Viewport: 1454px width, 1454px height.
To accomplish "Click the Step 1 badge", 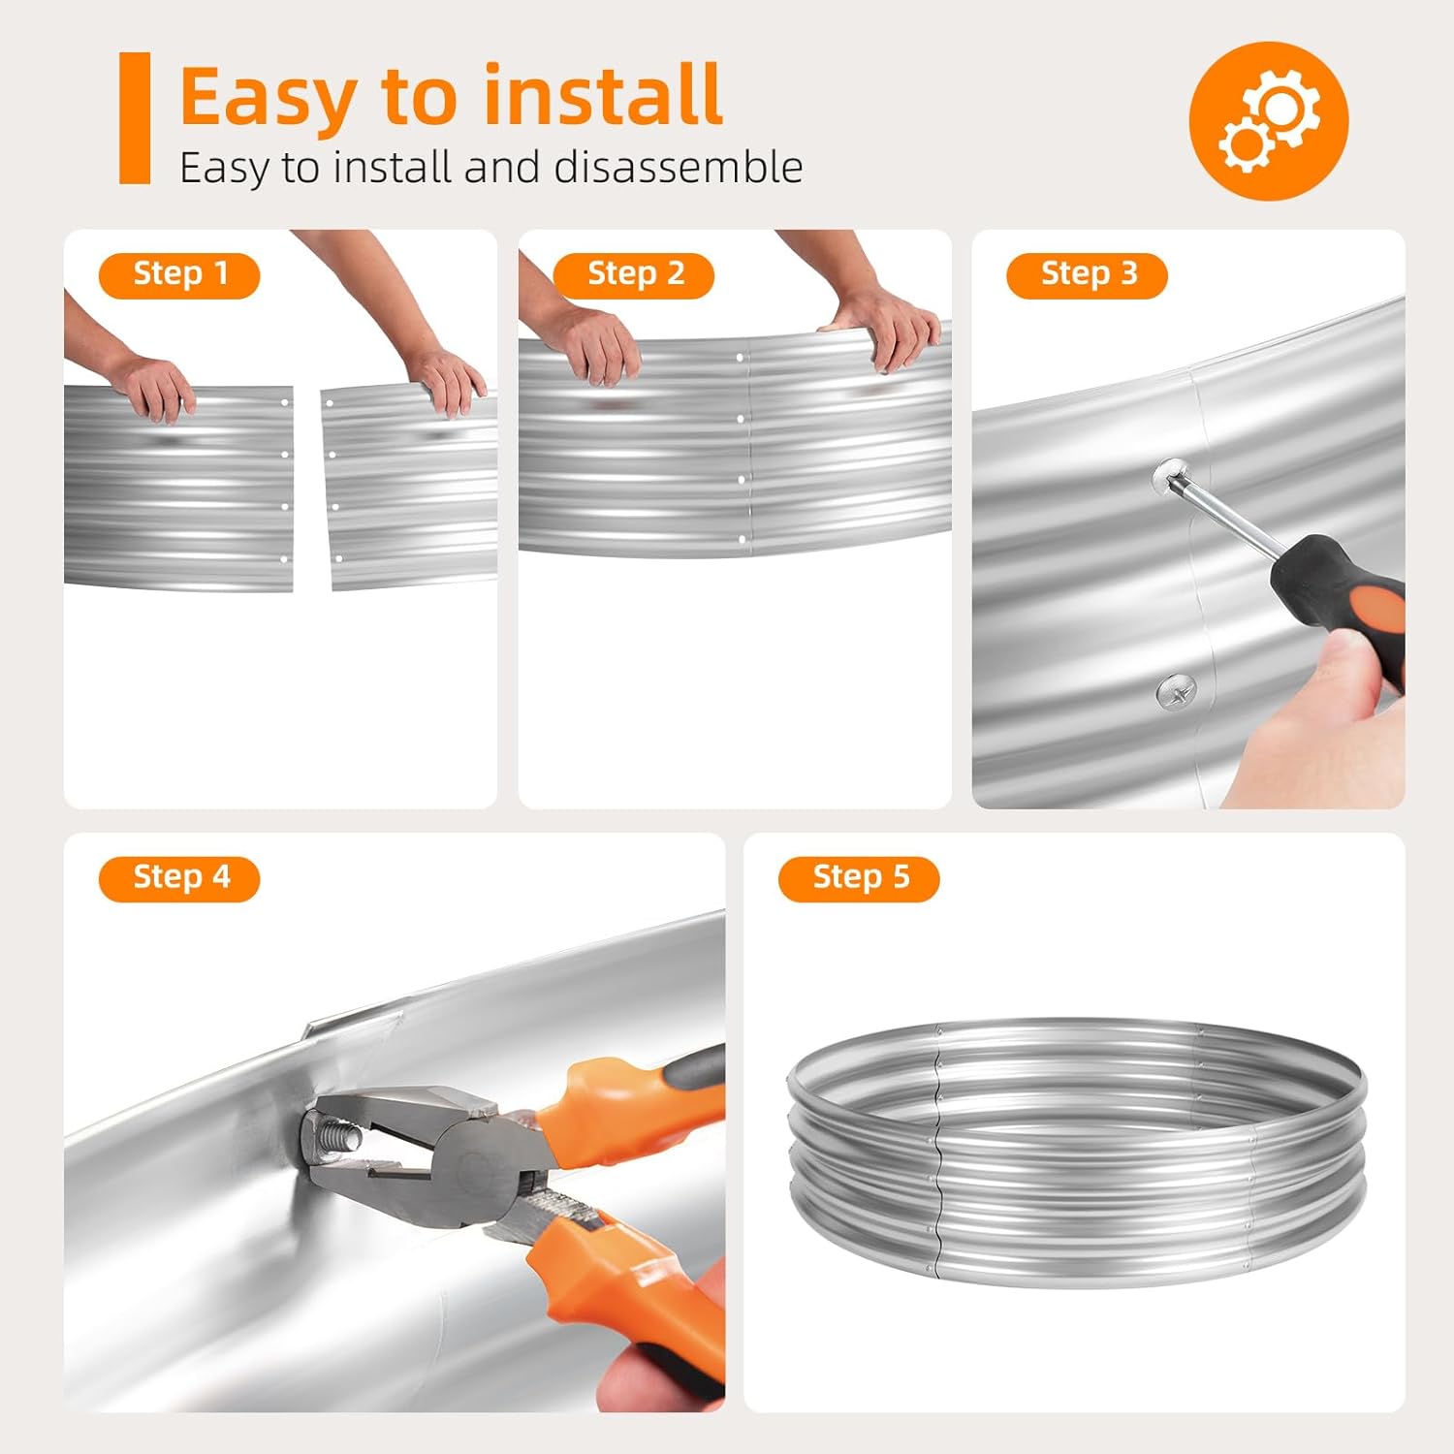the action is pyautogui.click(x=179, y=275).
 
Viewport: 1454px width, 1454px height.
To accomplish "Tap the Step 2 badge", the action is pyautogui.click(x=634, y=275).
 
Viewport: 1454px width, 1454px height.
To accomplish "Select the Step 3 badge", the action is pyautogui.click(x=1088, y=275).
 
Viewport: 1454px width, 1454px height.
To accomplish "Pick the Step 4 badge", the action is pyautogui.click(x=179, y=879).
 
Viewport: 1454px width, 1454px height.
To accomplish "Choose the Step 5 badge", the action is pyautogui.click(x=859, y=879).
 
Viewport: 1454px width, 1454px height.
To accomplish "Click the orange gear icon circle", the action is pyautogui.click(x=1269, y=121).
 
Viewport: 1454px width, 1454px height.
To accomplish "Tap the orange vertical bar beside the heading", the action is pyautogui.click(x=135, y=117).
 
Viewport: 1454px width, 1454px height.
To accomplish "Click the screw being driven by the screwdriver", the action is pyautogui.click(x=1171, y=475).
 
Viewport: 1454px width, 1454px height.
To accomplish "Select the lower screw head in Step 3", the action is pyautogui.click(x=1176, y=692).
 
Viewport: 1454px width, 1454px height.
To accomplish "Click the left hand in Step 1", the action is pyautogui.click(x=150, y=383).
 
